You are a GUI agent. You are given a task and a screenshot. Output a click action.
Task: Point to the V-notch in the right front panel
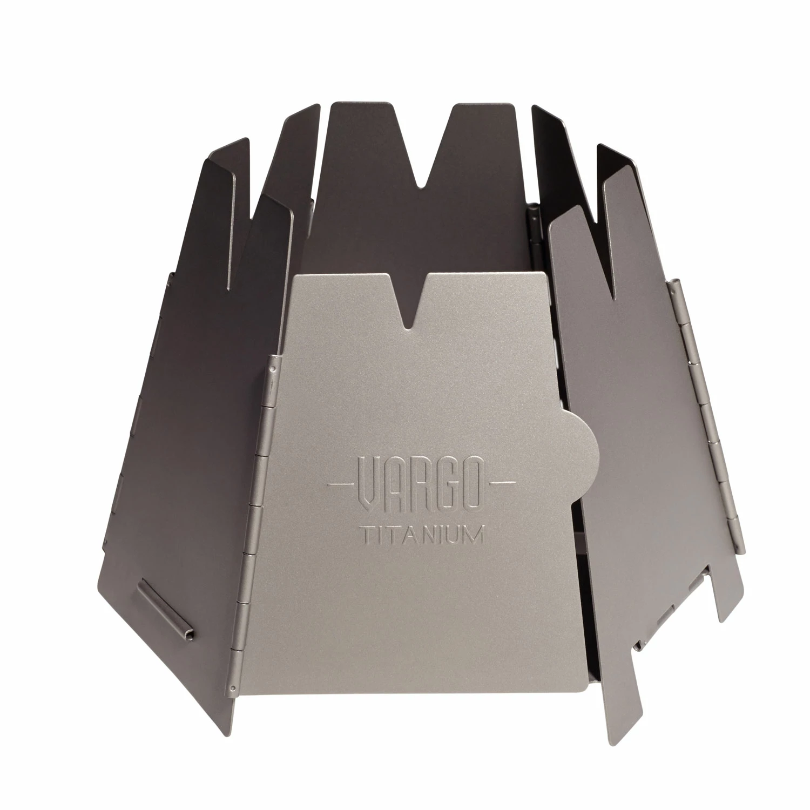pos(610,243)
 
